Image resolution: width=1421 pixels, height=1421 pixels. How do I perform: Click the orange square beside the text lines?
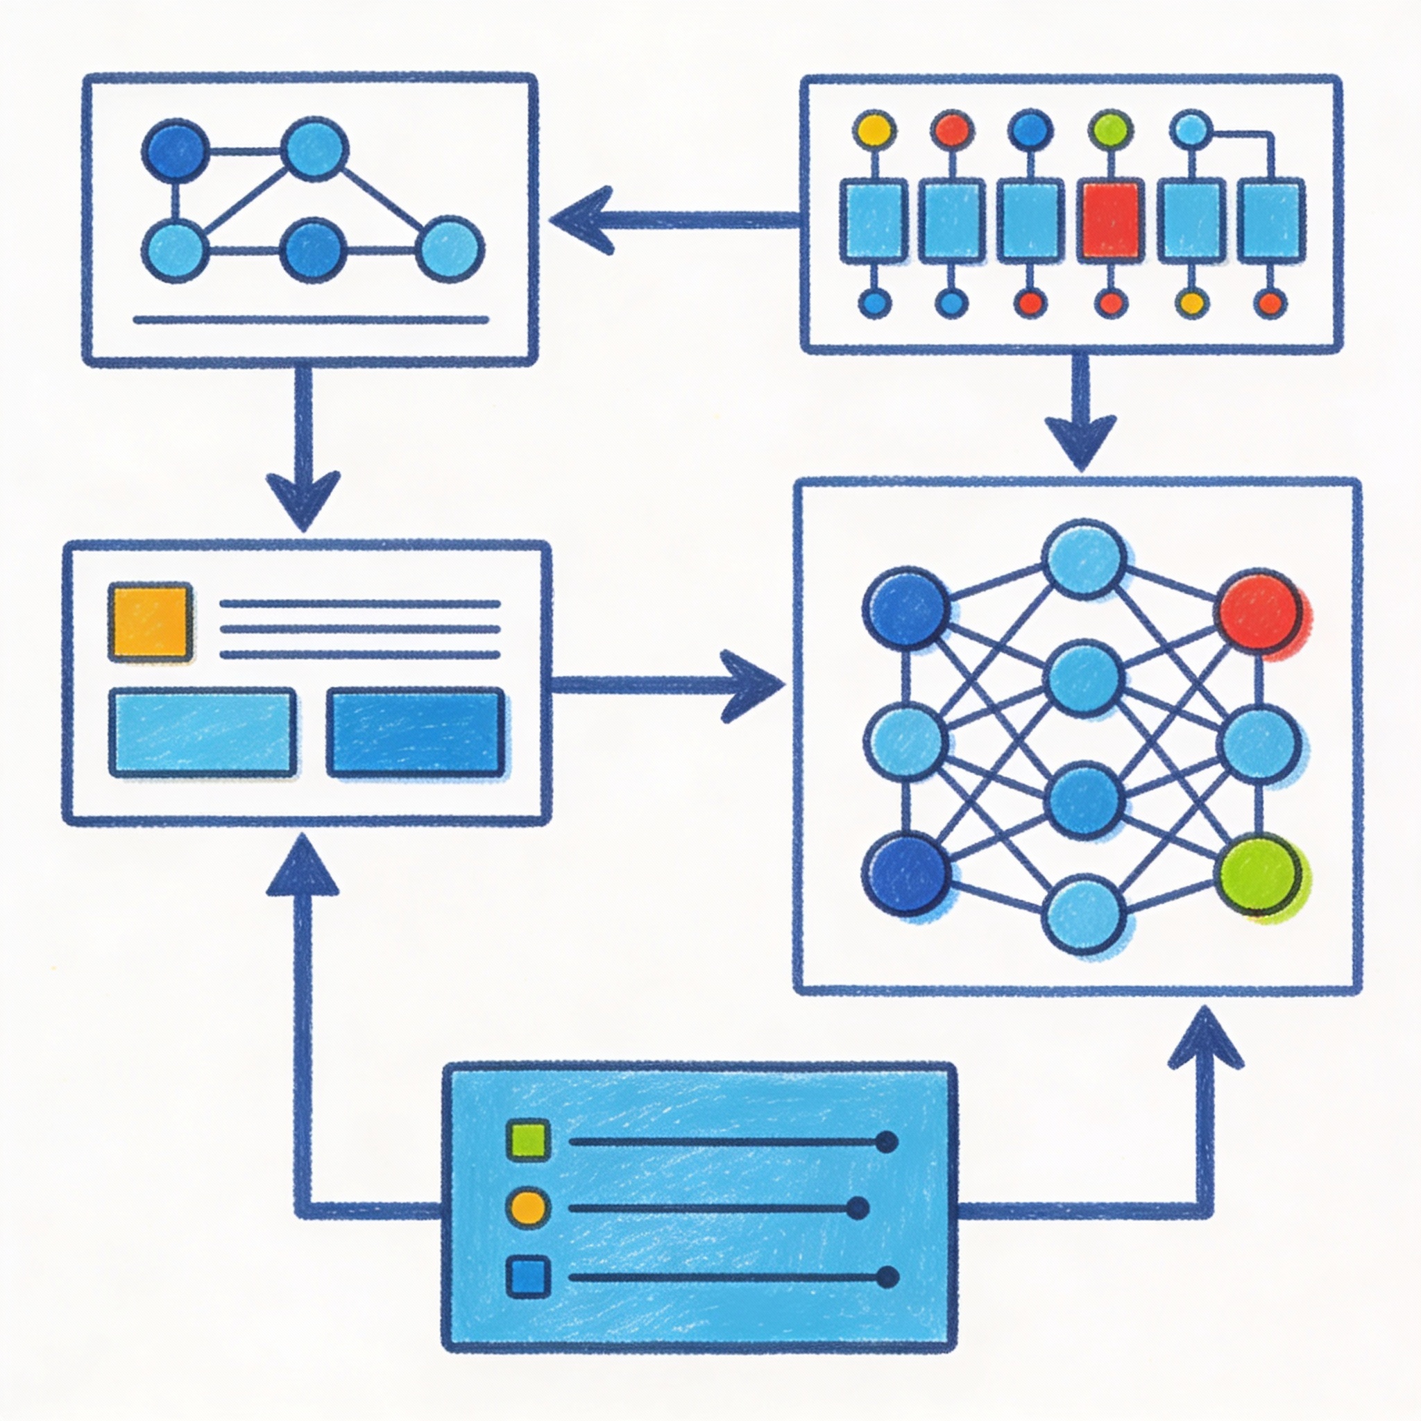coord(151,621)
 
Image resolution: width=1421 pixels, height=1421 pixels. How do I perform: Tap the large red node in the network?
coord(1259,611)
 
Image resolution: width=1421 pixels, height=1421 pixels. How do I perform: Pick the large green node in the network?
coord(1259,877)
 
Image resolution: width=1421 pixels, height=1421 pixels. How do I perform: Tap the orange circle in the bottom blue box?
coord(528,1207)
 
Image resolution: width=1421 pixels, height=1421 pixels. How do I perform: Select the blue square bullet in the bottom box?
coord(528,1277)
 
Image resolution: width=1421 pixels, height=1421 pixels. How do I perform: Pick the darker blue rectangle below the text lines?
coord(416,732)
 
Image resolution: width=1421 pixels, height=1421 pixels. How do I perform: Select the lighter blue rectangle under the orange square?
coord(203,732)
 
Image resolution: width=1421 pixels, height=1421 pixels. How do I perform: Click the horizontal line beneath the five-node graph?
coord(310,320)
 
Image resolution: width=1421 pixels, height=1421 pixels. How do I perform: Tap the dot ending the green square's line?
coord(887,1142)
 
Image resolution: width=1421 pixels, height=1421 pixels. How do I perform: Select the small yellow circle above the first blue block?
coord(874,130)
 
